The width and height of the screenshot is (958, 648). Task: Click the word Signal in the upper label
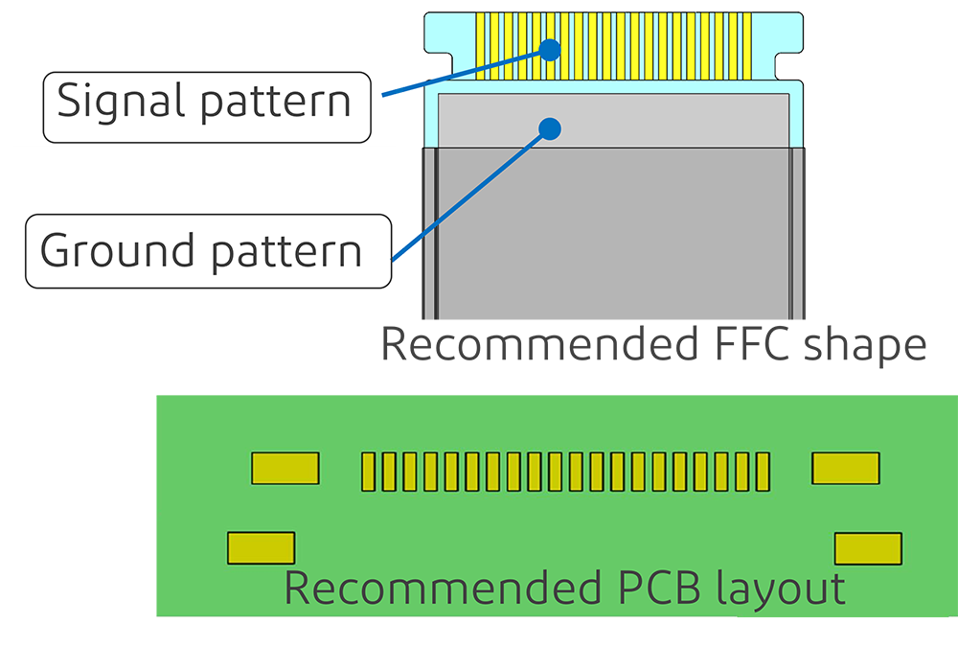115,101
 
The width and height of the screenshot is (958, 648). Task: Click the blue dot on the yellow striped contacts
549,50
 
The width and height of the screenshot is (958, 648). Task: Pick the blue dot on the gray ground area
549,127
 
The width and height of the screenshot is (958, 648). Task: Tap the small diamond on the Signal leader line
399,92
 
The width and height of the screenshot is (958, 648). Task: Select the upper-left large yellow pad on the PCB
285,469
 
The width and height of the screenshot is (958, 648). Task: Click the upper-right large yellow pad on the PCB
845,468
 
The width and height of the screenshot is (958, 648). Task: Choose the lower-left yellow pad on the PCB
261,547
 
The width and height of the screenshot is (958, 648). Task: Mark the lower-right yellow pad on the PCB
868,548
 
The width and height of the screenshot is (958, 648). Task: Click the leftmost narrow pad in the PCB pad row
367,472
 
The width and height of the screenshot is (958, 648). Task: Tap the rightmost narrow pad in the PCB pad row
764,472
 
